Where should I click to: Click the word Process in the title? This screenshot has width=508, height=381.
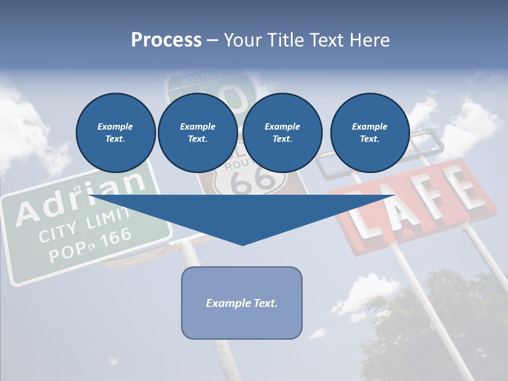[x=166, y=40]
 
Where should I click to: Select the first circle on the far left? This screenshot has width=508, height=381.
[x=115, y=133]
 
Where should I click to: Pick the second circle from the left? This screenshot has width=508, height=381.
[x=197, y=133]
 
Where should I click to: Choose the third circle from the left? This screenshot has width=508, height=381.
[x=282, y=133]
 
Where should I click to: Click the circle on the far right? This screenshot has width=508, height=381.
[x=369, y=133]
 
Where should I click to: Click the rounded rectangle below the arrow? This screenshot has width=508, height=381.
[x=241, y=303]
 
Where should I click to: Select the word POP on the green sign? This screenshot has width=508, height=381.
[x=63, y=252]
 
